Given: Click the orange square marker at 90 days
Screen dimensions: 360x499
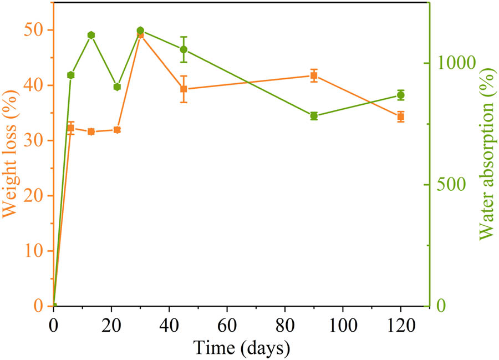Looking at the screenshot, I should click(314, 75).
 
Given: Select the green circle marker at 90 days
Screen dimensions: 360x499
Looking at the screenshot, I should click(314, 116).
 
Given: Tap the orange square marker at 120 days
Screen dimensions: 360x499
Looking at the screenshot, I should click(400, 116).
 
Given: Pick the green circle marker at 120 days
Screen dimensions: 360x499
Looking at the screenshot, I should click(400, 95).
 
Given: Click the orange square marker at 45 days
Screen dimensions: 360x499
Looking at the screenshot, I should click(184, 89).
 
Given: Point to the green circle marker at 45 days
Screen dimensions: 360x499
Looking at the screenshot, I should click(184, 49).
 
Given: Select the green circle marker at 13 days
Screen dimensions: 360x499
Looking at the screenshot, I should click(91, 36).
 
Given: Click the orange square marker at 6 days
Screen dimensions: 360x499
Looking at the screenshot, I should click(70, 128).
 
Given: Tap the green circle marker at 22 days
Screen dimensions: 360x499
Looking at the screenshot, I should click(117, 87).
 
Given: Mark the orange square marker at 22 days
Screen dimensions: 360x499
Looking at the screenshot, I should click(117, 130).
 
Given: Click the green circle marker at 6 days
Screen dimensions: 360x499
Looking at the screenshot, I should click(70, 75).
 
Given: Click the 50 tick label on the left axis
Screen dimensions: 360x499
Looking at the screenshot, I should click(34, 30).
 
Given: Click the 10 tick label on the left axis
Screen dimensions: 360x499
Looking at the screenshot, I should click(34, 251).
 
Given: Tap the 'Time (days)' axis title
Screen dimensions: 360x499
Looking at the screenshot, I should click(242, 348).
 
